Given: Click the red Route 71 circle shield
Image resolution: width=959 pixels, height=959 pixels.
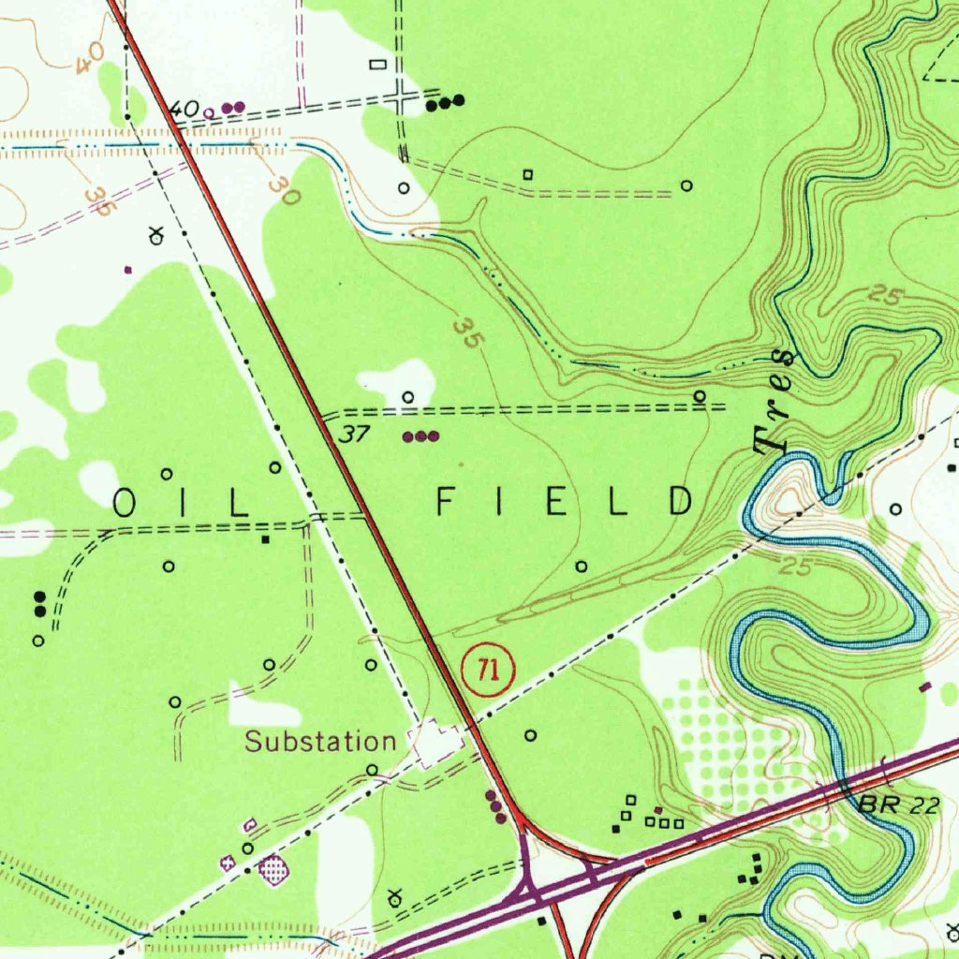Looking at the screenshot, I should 487,670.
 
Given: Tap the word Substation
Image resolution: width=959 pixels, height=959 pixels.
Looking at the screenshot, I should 320,743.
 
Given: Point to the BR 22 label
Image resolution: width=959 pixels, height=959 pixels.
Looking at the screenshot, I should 897,805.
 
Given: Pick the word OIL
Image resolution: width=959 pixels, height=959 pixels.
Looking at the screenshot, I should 180,503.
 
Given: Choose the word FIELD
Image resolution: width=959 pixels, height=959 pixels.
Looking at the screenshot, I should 565,503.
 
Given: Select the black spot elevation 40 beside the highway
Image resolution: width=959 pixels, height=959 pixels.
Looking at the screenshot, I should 184,110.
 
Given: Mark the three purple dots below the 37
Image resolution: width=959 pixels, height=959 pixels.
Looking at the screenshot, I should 420,436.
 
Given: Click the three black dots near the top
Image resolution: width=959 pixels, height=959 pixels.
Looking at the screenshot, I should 445,103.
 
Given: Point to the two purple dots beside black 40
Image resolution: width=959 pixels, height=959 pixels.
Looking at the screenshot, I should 234,108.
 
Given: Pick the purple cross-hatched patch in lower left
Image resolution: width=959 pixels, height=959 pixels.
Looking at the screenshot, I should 273,870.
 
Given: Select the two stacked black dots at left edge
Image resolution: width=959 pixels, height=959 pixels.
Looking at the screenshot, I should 39,604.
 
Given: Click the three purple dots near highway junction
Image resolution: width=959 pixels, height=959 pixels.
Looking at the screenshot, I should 495,806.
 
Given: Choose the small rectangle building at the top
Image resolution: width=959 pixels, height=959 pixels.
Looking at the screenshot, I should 378,64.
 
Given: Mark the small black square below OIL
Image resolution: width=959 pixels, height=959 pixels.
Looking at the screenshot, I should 265,539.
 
